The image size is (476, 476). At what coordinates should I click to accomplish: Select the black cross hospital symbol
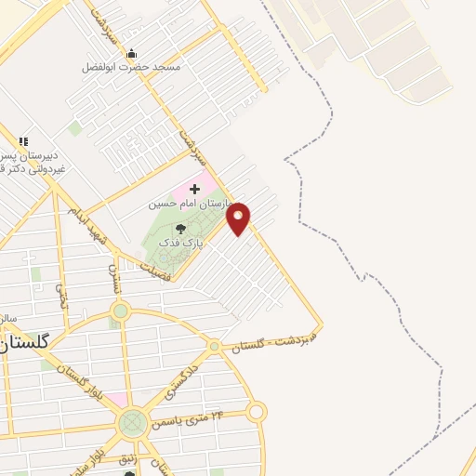[x=194, y=189]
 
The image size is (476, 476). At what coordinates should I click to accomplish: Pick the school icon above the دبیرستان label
[x=23, y=141]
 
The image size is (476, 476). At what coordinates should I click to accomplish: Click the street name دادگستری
[x=182, y=381]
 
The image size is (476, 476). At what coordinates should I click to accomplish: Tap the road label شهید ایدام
[x=88, y=221]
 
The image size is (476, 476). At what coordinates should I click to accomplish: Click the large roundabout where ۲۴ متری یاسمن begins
[x=133, y=424]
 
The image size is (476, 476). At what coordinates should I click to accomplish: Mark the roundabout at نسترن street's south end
[x=120, y=311]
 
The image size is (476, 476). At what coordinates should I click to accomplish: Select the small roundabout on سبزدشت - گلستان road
[x=215, y=346]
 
